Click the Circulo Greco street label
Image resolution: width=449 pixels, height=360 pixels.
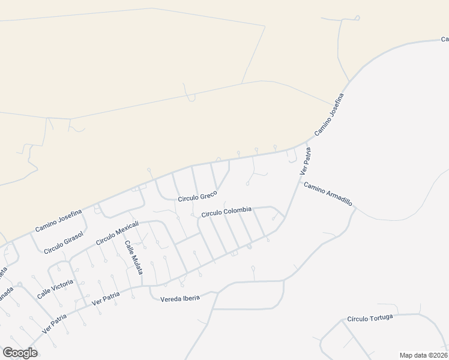[197, 196]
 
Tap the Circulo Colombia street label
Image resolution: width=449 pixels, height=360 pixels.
[226, 212]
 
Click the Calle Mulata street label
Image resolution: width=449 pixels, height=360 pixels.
[133, 258]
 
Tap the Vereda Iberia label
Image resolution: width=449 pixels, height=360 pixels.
[179, 297]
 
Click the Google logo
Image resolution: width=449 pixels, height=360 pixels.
[20, 353]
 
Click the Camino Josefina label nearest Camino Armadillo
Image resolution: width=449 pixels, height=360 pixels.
[329, 116]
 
